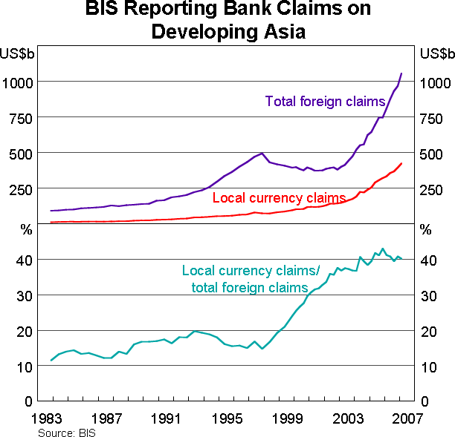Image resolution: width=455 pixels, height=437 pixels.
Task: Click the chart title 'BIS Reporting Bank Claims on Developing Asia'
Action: click(227, 21)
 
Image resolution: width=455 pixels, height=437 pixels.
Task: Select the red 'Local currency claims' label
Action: click(279, 198)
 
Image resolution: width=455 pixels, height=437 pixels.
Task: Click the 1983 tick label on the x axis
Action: click(51, 417)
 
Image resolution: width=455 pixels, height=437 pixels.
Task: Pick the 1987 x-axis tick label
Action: click(109, 417)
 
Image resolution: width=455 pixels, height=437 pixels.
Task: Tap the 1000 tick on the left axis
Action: click(16, 82)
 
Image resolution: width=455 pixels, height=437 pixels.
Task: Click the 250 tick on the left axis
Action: click(20, 189)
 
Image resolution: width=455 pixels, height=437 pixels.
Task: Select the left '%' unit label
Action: click(28, 229)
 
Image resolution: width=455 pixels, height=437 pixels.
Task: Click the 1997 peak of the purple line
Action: click(262, 154)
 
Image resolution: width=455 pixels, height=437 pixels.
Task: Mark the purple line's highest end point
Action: click(401, 73)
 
